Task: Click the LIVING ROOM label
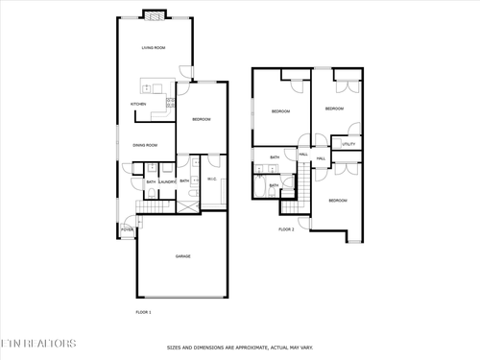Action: pyautogui.click(x=154, y=47)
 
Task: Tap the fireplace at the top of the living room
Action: pyautogui.click(x=154, y=14)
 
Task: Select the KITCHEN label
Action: pyautogui.click(x=138, y=104)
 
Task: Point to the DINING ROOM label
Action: pyautogui.click(x=146, y=145)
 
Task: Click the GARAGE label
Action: pyautogui.click(x=182, y=256)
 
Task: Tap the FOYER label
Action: pyautogui.click(x=127, y=230)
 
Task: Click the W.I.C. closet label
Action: pyautogui.click(x=212, y=180)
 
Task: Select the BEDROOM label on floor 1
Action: pyautogui.click(x=202, y=119)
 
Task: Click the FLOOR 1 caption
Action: pyautogui.click(x=143, y=312)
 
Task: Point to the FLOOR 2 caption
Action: pyautogui.click(x=286, y=229)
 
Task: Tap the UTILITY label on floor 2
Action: pyautogui.click(x=348, y=144)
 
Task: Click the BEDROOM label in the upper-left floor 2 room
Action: pyautogui.click(x=280, y=112)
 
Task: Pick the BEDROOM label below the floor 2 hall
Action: pyautogui.click(x=338, y=200)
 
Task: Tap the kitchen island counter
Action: pyautogui.click(x=154, y=84)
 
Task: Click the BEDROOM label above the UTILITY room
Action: pyautogui.click(x=334, y=108)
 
